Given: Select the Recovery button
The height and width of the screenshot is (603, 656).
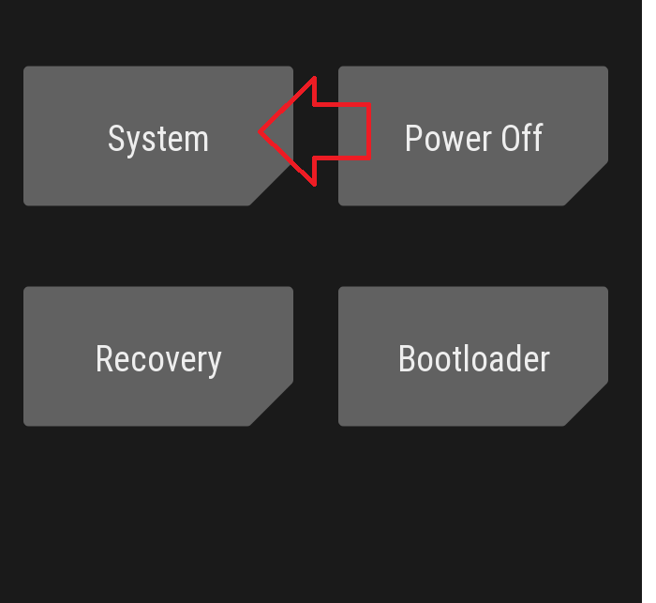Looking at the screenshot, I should (157, 357).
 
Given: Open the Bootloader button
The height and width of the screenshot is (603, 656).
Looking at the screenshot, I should (473, 357).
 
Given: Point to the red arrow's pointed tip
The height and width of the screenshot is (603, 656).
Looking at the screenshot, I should (261, 132).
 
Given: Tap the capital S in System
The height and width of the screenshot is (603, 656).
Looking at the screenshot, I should (116, 139).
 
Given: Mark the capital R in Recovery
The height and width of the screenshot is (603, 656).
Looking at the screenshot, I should (104, 359).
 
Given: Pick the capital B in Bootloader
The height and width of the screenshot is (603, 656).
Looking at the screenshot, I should (407, 359).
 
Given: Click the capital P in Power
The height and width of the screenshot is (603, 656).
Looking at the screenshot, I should (413, 139).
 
